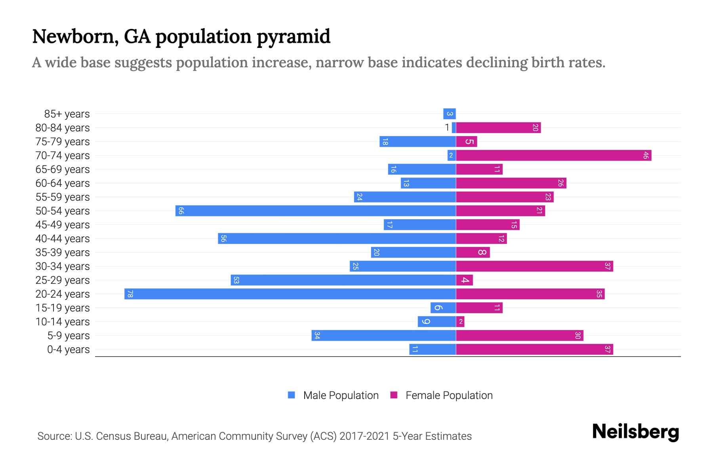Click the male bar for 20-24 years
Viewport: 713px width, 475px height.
coord(290,294)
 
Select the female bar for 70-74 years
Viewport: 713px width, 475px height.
coord(553,155)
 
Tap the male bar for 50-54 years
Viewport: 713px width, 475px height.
coord(316,211)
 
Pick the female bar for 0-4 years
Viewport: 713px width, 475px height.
coord(534,349)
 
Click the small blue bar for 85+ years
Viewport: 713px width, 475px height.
coord(450,114)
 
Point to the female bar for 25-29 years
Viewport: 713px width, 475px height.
coord(464,280)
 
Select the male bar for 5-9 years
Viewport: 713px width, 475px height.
coord(383,335)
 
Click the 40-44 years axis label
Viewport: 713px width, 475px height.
coord(63,239)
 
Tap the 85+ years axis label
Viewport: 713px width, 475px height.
coord(67,114)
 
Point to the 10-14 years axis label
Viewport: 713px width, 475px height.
coord(63,322)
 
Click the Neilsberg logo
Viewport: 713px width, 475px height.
coord(635,431)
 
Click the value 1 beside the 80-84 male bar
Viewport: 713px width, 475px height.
coord(447,127)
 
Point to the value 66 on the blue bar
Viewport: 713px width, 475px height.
coord(181,211)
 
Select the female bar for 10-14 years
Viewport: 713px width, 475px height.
coord(460,321)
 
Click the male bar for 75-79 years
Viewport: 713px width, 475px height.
coord(418,141)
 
